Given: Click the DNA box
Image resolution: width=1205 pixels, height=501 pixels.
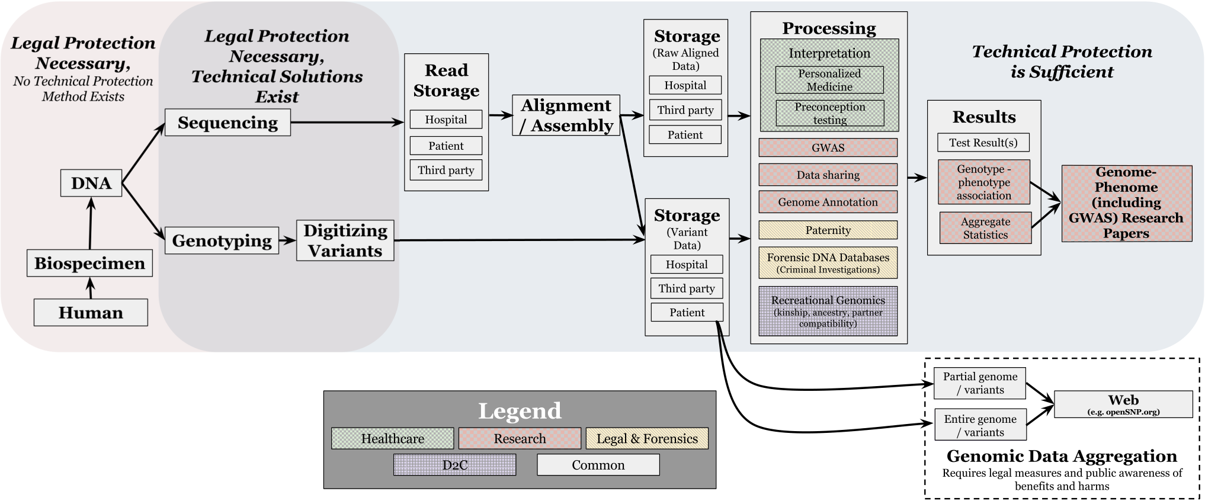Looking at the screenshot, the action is [x=91, y=183].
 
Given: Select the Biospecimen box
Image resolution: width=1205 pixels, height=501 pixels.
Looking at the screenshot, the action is [x=89, y=263].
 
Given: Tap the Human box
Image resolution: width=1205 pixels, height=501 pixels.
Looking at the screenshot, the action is [x=91, y=312].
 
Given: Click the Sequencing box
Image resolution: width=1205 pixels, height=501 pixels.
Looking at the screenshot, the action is [x=227, y=123].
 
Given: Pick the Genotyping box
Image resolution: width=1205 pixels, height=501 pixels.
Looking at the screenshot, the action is [x=222, y=240].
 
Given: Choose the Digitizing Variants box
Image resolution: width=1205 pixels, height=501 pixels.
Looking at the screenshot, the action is [x=345, y=240].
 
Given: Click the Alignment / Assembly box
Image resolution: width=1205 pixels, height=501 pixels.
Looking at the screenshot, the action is [x=566, y=115].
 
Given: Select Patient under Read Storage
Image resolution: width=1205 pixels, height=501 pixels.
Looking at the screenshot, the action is [x=446, y=146].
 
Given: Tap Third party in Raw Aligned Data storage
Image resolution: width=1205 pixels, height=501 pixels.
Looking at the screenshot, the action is [x=685, y=110].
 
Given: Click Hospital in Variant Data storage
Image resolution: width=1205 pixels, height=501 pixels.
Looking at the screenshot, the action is [x=687, y=264].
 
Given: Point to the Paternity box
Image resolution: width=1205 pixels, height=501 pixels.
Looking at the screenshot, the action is [x=828, y=230].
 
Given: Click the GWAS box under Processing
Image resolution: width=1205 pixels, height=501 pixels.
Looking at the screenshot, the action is [x=828, y=147].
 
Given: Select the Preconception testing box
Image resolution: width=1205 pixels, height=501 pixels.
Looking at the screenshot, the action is [x=830, y=113].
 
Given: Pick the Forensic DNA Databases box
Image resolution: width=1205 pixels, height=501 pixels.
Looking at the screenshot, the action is [x=828, y=262].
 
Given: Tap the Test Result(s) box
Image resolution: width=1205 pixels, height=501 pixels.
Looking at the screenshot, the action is [x=983, y=142].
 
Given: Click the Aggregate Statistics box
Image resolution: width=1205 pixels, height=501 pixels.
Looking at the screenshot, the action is [x=985, y=227].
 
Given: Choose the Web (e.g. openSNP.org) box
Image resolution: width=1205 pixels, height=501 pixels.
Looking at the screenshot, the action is [x=1123, y=404].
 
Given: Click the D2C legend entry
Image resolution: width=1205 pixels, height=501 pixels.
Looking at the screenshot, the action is [x=454, y=465].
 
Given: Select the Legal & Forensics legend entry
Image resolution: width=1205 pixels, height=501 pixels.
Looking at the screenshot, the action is [x=647, y=438].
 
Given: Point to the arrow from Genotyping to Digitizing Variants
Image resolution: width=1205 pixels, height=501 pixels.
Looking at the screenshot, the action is [x=287, y=240].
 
